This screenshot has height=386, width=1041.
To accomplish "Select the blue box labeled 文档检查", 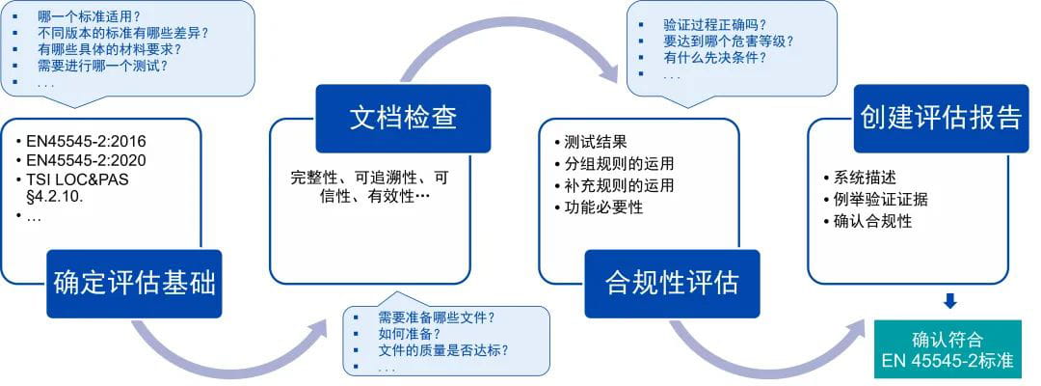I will click(403, 118).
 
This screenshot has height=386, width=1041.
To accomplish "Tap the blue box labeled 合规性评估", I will click(672, 283).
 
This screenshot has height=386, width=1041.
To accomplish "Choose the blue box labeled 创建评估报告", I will click(941, 118).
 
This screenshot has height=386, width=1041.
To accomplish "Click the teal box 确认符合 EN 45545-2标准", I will click(948, 350).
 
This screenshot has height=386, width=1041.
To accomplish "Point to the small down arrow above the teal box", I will click(949, 301).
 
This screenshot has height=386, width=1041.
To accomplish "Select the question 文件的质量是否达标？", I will click(443, 349).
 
